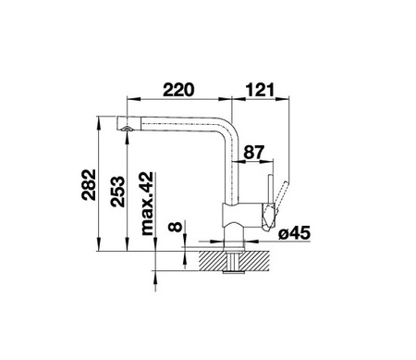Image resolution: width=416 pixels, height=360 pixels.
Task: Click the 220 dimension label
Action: [178, 90]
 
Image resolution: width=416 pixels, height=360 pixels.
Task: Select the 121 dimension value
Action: [260, 90]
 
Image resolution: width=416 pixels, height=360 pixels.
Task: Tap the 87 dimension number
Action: [254, 152]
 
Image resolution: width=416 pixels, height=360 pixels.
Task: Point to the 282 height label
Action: [89, 185]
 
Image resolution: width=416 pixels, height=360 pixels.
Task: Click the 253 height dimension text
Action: [118, 192]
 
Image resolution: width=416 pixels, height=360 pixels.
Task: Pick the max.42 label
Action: [147, 204]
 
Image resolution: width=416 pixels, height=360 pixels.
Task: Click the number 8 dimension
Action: [176, 227]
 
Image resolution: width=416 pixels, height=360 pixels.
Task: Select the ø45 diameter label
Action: [294, 233]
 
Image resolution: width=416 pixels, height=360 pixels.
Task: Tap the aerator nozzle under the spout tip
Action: [127, 129]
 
